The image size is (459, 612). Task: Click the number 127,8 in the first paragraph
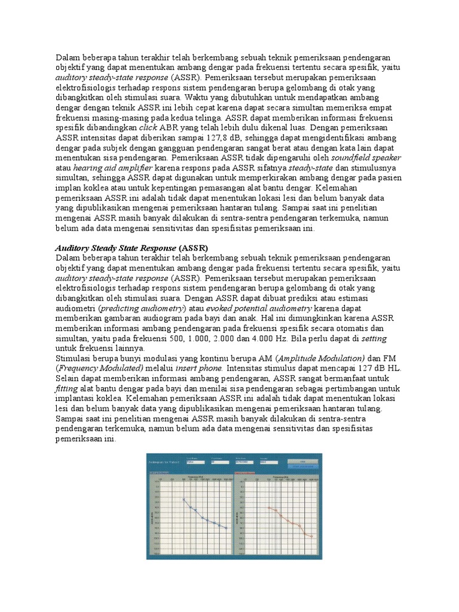210,137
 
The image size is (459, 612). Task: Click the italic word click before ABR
148,127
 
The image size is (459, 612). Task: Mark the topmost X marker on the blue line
184,499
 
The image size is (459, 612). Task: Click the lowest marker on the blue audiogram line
226,528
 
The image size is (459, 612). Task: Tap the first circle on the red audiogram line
269,507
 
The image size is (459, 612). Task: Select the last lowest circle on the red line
312,536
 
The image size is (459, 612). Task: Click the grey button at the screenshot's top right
302,462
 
